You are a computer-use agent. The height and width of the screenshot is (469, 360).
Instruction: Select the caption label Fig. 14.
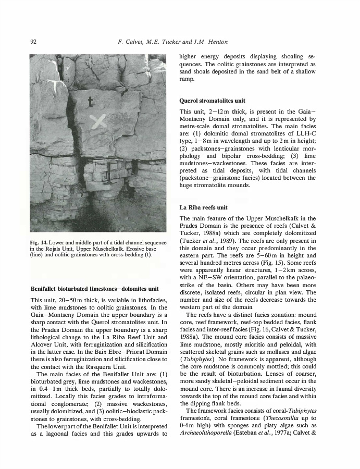41,242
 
